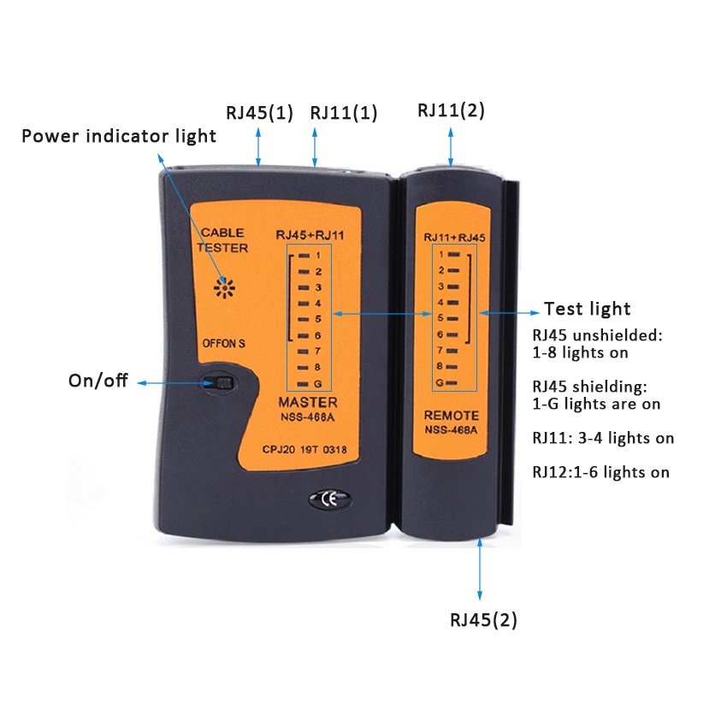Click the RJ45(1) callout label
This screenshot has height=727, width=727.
(x=259, y=113)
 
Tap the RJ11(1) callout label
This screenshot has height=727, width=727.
(x=343, y=113)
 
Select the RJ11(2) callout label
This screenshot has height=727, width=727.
(x=451, y=110)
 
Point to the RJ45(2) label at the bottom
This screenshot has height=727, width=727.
(x=483, y=620)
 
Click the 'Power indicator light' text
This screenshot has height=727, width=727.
(x=119, y=136)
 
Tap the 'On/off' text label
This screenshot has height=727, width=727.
(x=98, y=381)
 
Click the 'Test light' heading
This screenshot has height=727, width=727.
(x=587, y=309)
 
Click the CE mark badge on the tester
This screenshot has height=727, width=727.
(x=325, y=498)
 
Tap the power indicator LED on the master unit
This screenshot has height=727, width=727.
(x=226, y=288)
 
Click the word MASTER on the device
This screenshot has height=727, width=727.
(x=308, y=402)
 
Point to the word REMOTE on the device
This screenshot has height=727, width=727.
(x=452, y=416)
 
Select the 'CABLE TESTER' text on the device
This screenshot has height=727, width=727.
(x=222, y=240)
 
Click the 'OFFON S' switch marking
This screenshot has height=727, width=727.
(x=222, y=344)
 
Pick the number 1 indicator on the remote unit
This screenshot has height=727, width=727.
(x=450, y=254)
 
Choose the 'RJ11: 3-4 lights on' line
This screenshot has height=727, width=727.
(x=603, y=438)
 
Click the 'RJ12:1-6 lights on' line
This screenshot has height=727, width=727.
(x=600, y=472)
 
